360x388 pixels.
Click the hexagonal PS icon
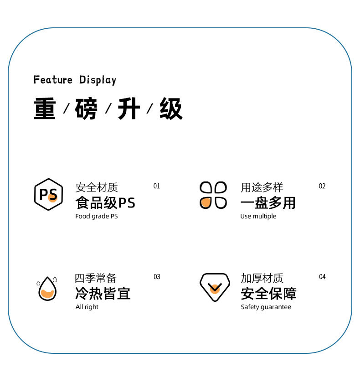click(48, 194)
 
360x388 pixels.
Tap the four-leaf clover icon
click(213, 195)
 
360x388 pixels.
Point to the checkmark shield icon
click(214, 287)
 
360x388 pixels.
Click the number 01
click(157, 186)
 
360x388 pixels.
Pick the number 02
click(322, 186)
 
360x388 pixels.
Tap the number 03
click(157, 277)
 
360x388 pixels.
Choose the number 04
click(322, 277)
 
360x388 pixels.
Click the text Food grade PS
click(96, 216)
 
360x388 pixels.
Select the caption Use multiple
click(258, 216)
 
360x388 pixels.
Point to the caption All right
click(87, 307)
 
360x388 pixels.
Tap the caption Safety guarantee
click(266, 307)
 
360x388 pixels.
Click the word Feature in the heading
click(53, 80)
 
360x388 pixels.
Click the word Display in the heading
click(98, 80)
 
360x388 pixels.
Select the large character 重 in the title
click(45, 109)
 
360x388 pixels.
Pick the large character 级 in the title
click(171, 109)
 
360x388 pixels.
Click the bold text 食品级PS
click(105, 202)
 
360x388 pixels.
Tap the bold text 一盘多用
click(268, 202)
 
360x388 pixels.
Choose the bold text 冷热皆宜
click(103, 293)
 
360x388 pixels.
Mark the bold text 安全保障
click(268, 293)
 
